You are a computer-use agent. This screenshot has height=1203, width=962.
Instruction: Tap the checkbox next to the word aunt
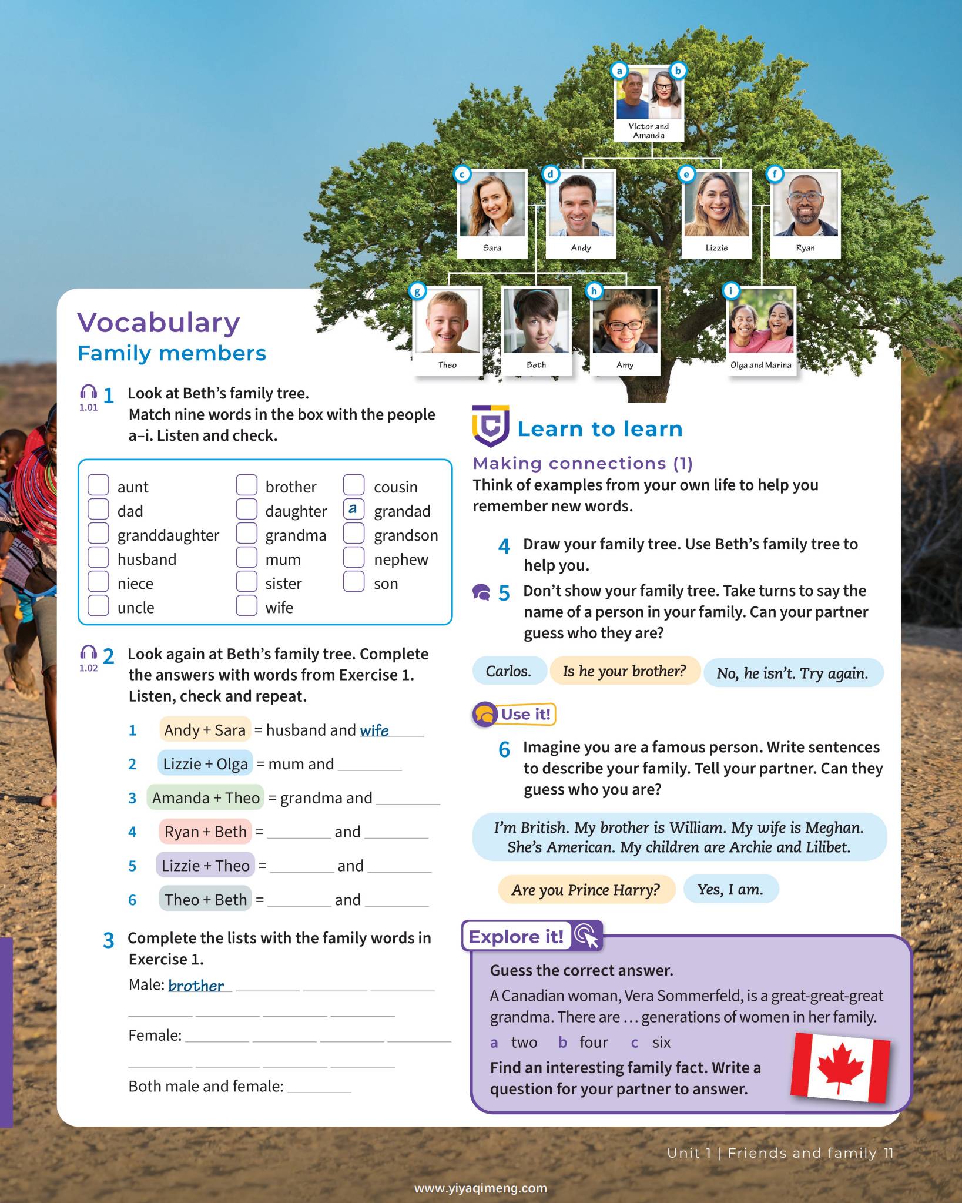(x=98, y=485)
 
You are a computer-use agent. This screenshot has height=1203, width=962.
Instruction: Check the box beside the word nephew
(x=354, y=558)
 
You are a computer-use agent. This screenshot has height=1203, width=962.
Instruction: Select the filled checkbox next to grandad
(x=354, y=510)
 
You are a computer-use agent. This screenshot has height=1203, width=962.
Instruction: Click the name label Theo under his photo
(x=447, y=365)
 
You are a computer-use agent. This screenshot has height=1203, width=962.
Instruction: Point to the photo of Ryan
(x=805, y=205)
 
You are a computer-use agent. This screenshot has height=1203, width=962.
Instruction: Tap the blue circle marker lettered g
(x=417, y=291)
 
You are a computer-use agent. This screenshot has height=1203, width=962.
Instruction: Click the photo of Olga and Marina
(x=761, y=321)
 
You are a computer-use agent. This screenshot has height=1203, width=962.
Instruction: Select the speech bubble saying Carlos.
(x=509, y=671)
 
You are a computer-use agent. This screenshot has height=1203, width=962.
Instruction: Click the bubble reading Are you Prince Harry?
(x=586, y=890)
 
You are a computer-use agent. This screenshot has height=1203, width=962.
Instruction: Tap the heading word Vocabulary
(x=159, y=323)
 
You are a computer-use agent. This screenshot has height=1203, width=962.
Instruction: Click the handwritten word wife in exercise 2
(x=374, y=730)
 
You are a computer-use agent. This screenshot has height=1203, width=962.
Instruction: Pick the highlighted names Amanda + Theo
(x=206, y=797)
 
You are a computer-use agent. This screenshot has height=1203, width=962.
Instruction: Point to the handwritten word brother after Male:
(x=196, y=986)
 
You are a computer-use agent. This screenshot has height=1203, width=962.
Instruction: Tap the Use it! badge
(x=514, y=715)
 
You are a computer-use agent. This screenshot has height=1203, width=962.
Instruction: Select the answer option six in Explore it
(x=661, y=1043)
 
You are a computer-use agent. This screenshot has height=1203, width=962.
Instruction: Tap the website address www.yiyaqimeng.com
(x=481, y=1188)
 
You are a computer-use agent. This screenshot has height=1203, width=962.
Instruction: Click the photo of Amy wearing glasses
(x=625, y=321)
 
